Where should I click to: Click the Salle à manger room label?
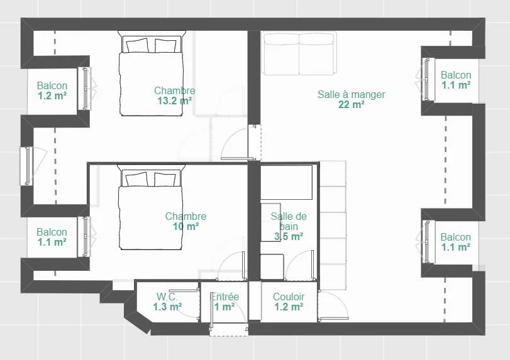point(352,94)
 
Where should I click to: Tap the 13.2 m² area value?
point(175,101)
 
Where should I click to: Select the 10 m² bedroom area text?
point(186,226)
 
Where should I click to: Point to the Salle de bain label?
point(289,221)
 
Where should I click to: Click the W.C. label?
point(167,297)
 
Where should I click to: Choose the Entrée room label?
point(225,297)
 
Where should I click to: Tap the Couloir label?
point(289,297)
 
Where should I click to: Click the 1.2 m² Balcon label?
point(52,90)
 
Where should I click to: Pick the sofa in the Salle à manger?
point(299,53)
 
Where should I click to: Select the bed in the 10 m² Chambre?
point(151,207)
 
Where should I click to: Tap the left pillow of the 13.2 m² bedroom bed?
point(137,45)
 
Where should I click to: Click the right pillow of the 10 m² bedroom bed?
point(165,179)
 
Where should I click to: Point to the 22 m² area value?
point(352,105)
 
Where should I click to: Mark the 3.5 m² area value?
point(289,236)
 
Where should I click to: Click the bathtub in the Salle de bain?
point(287,182)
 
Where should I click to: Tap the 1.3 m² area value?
point(167,307)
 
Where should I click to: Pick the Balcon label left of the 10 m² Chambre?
point(52,237)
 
